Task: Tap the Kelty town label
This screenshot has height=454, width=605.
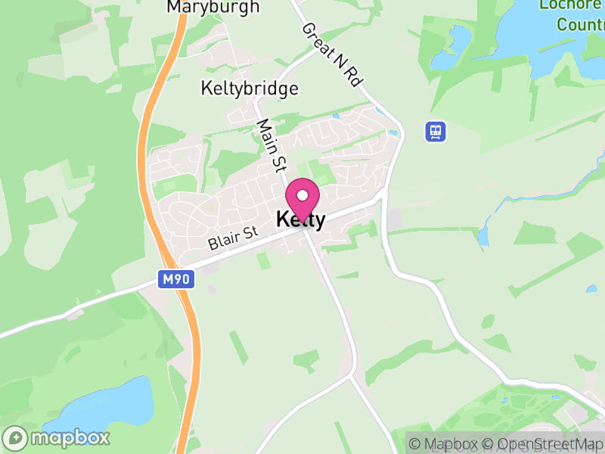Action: click(301, 220)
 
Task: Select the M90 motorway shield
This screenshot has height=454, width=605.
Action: click(178, 279)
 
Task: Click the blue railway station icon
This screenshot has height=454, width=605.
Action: click(435, 132)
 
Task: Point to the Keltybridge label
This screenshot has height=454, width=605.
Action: click(250, 89)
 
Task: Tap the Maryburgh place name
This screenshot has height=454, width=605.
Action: click(213, 8)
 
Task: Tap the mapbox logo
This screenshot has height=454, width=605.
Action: click(57, 437)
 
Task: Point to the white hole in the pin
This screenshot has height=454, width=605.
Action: click(302, 195)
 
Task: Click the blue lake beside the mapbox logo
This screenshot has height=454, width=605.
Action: click(113, 401)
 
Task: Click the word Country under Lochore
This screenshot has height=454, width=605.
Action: click(580, 24)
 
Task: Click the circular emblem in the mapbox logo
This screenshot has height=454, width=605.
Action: click(16, 437)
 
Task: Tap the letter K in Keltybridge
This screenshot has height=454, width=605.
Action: click(206, 89)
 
